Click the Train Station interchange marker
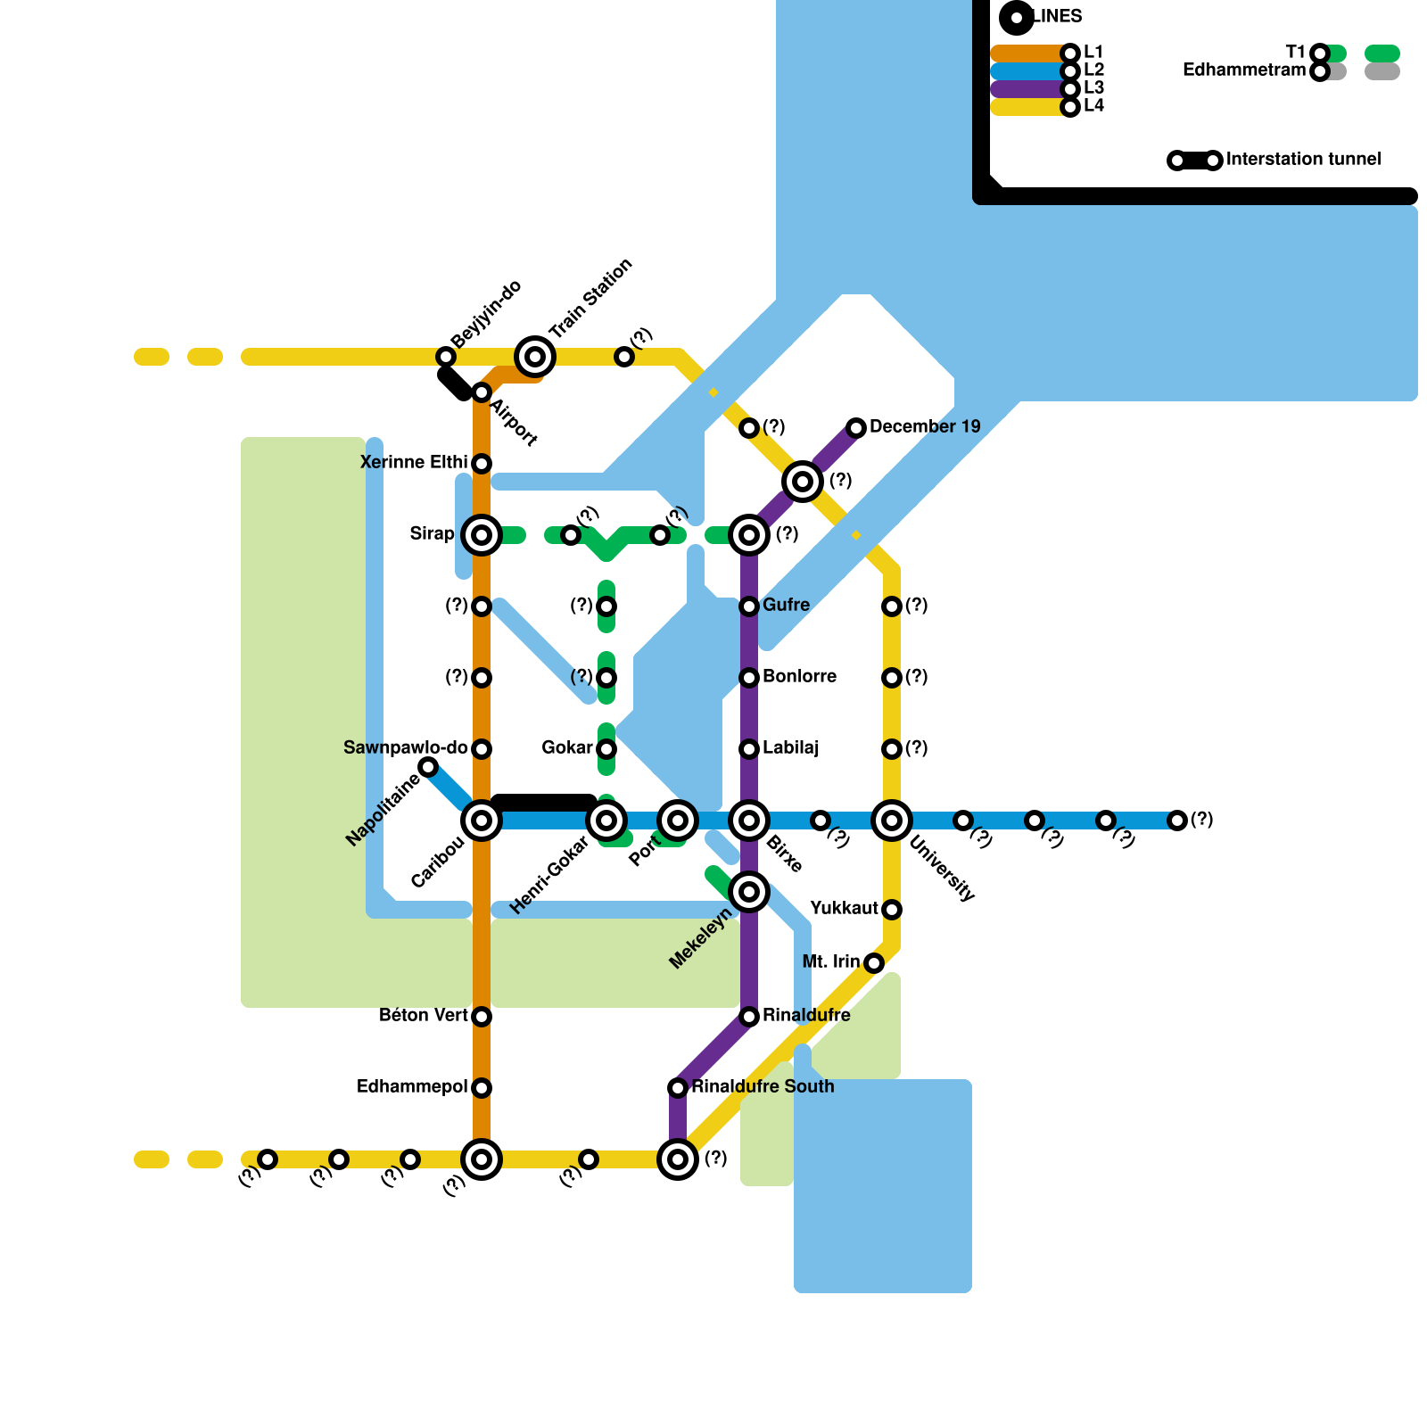tap(535, 357)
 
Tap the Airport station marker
tap(482, 392)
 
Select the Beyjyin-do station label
tap(485, 315)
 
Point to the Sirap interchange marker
tap(482, 535)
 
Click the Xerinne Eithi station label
tap(414, 462)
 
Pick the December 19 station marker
tap(856, 428)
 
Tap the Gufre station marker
tap(749, 606)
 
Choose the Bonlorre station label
tap(799, 676)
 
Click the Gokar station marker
tap(606, 749)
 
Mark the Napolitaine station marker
tap(428, 767)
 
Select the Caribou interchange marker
tap(482, 821)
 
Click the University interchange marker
tap(892, 821)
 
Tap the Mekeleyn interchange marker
tap(749, 892)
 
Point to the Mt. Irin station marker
tap(874, 963)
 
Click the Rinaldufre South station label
tap(763, 1086)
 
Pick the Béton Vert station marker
tap(482, 1017)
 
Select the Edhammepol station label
tap(412, 1086)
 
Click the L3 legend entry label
tap(1093, 87)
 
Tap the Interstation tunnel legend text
tap(1303, 159)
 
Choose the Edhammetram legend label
tap(1243, 70)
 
